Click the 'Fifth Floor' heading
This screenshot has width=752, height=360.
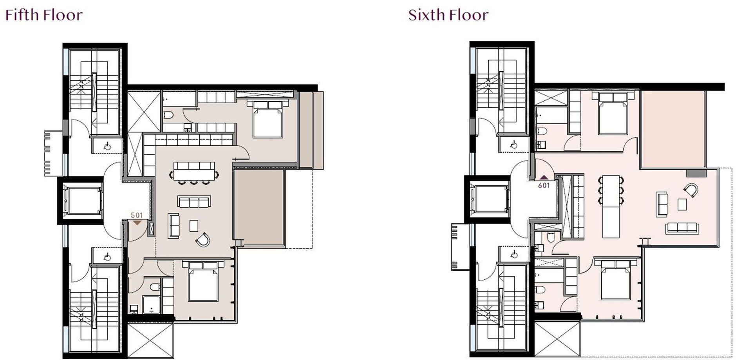pyautogui.click(x=44, y=15)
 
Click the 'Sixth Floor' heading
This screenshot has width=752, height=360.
pyautogui.click(x=448, y=15)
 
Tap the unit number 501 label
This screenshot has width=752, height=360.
pyautogui.click(x=137, y=215)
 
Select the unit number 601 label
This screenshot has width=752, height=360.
pyautogui.click(x=544, y=186)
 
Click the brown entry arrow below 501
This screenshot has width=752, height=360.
pyautogui.click(x=137, y=223)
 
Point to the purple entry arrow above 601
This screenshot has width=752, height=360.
pyautogui.click(x=544, y=177)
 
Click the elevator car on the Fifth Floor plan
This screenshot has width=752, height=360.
pyautogui.click(x=83, y=201)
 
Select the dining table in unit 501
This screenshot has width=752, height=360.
pyautogui.click(x=194, y=171)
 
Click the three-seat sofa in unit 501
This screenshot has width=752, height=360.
pyautogui.click(x=194, y=202)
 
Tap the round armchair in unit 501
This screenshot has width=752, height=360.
pyautogui.click(x=203, y=239)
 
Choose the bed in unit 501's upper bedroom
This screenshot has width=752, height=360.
pyautogui.click(x=268, y=119)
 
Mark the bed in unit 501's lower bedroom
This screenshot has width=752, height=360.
pyautogui.click(x=203, y=281)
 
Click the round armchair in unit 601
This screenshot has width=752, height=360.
pyautogui.click(x=691, y=190)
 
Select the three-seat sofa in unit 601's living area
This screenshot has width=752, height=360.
pyautogui.click(x=682, y=228)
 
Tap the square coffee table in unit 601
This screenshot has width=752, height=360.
pyautogui.click(x=682, y=204)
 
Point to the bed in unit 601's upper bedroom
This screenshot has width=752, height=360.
pyautogui.click(x=613, y=113)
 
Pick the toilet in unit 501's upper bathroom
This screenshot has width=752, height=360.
pyautogui.click(x=168, y=115)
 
